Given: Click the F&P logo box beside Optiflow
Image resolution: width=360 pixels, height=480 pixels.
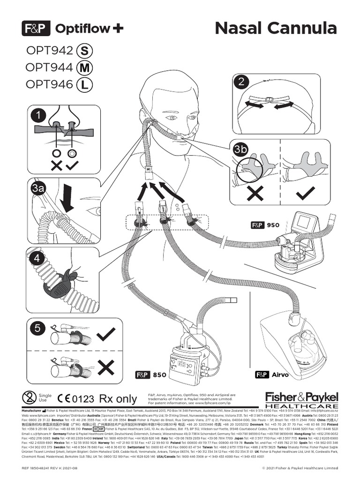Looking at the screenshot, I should point(36,29).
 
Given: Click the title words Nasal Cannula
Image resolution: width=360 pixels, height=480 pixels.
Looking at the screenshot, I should point(276,28).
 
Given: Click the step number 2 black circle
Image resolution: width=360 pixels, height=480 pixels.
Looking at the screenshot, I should point(241,82).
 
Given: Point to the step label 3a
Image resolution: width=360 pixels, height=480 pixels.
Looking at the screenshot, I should point(37,189).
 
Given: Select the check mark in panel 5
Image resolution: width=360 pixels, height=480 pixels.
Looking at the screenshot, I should point(105,334).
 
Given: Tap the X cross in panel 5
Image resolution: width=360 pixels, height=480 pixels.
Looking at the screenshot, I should point(106,367).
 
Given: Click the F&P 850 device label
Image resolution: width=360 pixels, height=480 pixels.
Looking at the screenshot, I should point(151,375).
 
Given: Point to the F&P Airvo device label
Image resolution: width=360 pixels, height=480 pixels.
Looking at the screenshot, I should point(272,375).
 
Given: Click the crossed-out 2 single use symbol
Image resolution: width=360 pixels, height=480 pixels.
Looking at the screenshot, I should point(30,398).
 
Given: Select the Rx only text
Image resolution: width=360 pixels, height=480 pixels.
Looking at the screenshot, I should point(118,399).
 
